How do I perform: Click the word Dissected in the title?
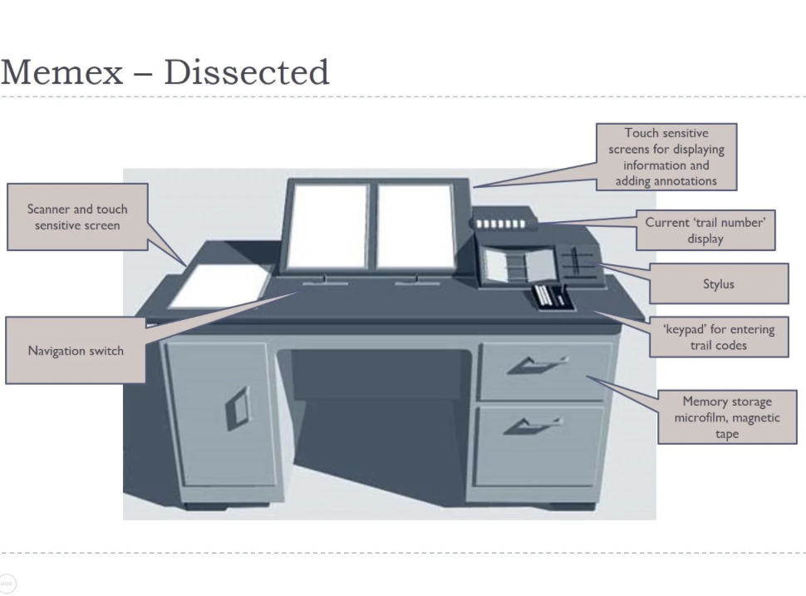(247, 72)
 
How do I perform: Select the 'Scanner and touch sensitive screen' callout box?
(77, 217)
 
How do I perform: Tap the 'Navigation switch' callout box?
(76, 350)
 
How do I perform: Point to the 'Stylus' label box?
(718, 284)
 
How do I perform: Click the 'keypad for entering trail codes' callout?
(718, 337)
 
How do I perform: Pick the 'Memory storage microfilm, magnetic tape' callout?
(727, 417)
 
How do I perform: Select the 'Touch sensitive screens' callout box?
(666, 156)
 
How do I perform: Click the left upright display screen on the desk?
(327, 225)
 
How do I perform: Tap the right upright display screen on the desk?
(415, 225)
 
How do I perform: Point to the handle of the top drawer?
(538, 363)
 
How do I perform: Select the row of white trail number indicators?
(501, 224)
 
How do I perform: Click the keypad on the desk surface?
(552, 296)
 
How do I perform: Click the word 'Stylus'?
(718, 284)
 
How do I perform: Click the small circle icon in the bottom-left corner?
(7, 584)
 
